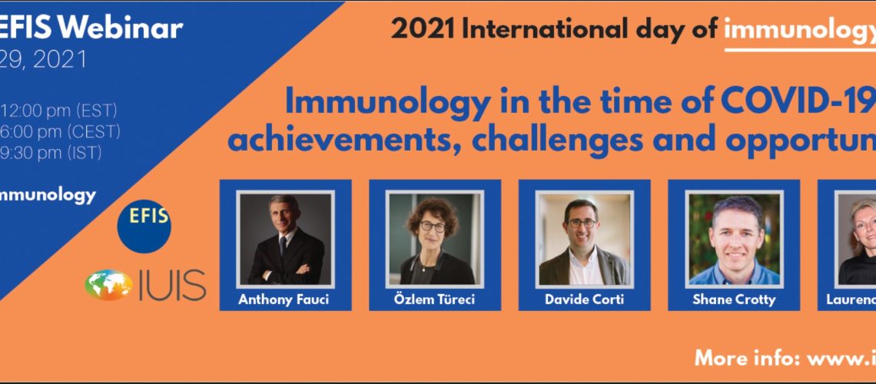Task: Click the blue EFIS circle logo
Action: [x=144, y=223]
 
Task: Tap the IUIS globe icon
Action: [x=108, y=284]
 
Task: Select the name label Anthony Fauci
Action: [x=284, y=300]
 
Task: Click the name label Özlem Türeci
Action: [x=435, y=300]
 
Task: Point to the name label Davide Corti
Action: [x=583, y=300]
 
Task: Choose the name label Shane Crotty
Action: [x=733, y=300]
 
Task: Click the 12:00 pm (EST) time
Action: [x=58, y=110]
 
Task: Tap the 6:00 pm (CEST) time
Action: [x=61, y=131]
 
